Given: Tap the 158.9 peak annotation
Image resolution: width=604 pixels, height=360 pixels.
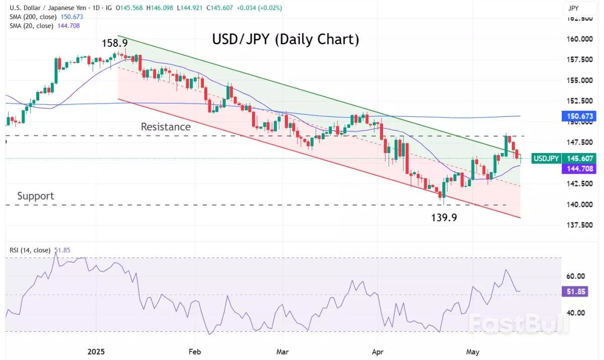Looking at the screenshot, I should [x=115, y=43].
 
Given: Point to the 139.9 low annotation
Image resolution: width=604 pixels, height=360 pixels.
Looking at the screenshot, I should [x=444, y=218].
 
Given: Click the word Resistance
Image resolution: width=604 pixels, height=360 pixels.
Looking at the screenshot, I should [x=166, y=127].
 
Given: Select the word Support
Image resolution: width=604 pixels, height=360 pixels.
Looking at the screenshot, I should [x=35, y=196].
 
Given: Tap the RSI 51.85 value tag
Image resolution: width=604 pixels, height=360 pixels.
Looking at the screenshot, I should [x=574, y=292].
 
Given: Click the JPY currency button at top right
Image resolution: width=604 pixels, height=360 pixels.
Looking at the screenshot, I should [x=573, y=8].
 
